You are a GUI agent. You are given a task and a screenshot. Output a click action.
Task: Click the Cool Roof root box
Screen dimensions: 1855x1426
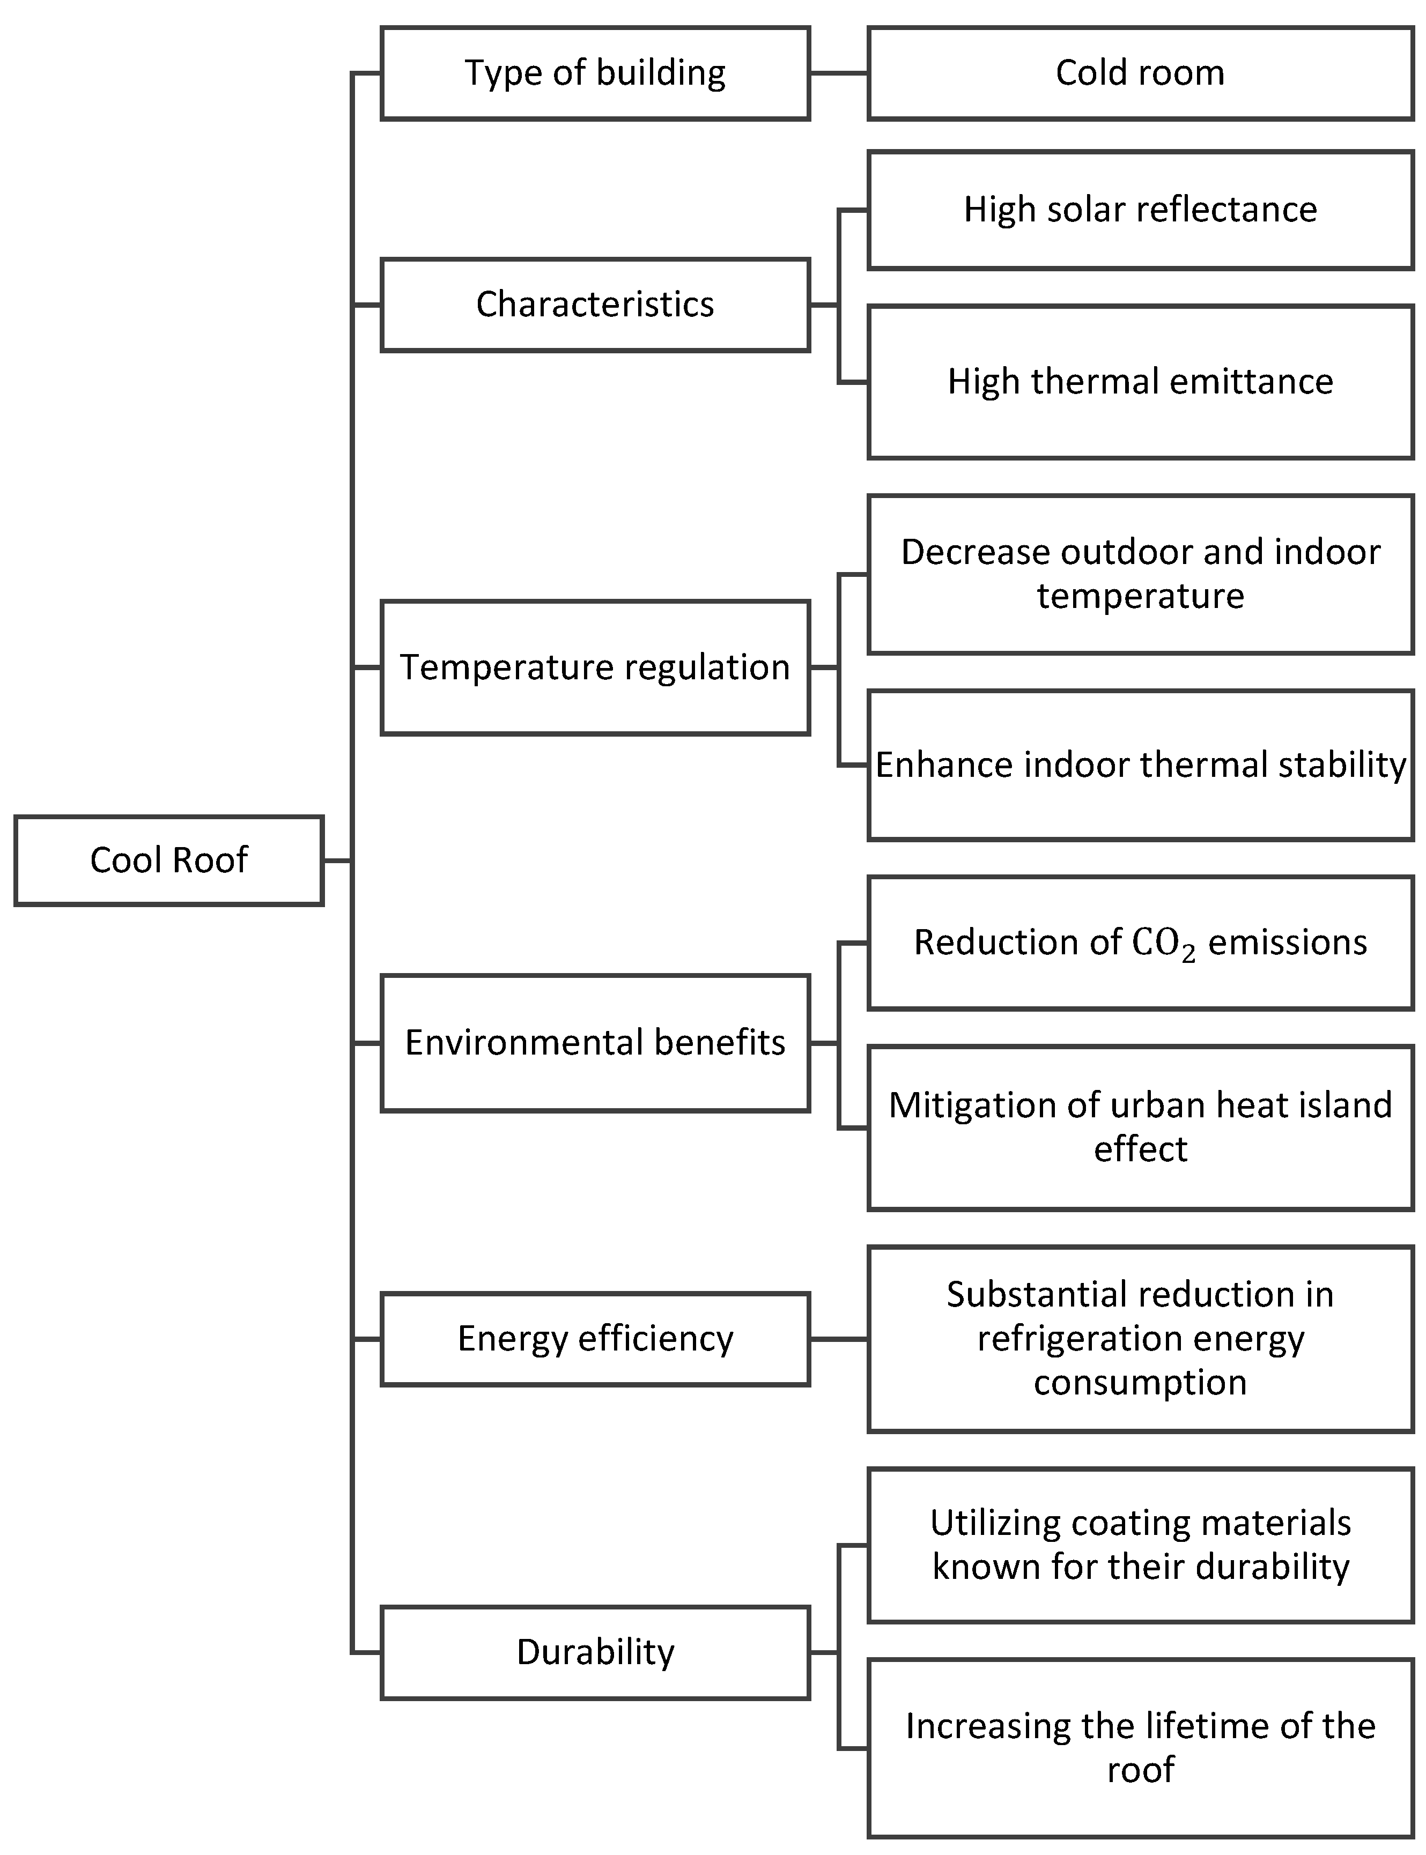(169, 860)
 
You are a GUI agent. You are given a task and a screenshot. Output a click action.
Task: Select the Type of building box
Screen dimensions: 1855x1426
(595, 73)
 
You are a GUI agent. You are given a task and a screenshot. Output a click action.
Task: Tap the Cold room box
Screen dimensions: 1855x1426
(1140, 73)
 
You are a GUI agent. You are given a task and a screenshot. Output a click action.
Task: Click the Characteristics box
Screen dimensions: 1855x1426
(595, 305)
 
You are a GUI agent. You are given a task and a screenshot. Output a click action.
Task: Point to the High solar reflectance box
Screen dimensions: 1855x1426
(1140, 210)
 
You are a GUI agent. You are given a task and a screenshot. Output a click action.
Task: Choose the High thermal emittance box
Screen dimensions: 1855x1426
(1140, 382)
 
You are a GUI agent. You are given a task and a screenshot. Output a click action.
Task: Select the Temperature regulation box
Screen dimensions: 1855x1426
(595, 667)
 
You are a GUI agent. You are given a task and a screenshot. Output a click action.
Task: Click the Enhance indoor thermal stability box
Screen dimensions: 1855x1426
(1140, 766)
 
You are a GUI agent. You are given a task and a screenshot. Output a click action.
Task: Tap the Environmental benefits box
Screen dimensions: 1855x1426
(595, 1042)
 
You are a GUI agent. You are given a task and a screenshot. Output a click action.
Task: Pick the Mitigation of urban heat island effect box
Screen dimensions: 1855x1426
(1140, 1127)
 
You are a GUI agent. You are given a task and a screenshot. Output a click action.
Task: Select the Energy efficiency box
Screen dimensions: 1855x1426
(595, 1338)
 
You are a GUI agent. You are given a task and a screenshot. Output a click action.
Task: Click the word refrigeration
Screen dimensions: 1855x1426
(1065, 1338)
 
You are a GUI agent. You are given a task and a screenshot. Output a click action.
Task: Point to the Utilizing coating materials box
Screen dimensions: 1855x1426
(1140, 1545)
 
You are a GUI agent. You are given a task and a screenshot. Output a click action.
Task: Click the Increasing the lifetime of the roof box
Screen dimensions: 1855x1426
(1140, 1748)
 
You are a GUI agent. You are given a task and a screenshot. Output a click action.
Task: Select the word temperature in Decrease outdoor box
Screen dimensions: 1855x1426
(1140, 596)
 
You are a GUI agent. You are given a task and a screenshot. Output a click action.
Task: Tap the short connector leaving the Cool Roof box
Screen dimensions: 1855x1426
(337, 860)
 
